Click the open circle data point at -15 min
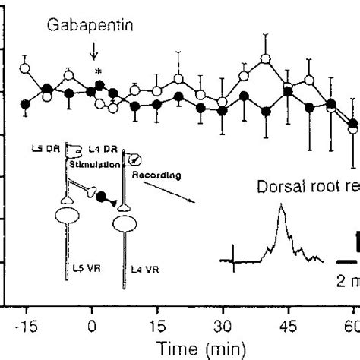25,69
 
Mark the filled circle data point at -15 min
25,104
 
